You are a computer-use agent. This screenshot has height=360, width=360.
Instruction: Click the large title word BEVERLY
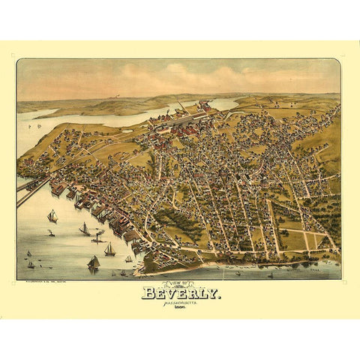(x=181, y=293)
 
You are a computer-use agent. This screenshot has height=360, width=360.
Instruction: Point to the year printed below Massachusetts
(x=181, y=310)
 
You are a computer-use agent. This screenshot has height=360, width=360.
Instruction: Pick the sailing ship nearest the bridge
(x=52, y=217)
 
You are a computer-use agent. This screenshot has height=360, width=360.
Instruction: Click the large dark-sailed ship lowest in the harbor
(x=93, y=262)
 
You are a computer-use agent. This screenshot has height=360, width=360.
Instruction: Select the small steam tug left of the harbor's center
(x=50, y=234)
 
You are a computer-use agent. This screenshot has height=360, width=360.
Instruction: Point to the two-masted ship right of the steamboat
(x=109, y=250)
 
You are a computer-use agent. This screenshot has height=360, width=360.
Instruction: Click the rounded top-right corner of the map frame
(x=337, y=62)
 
